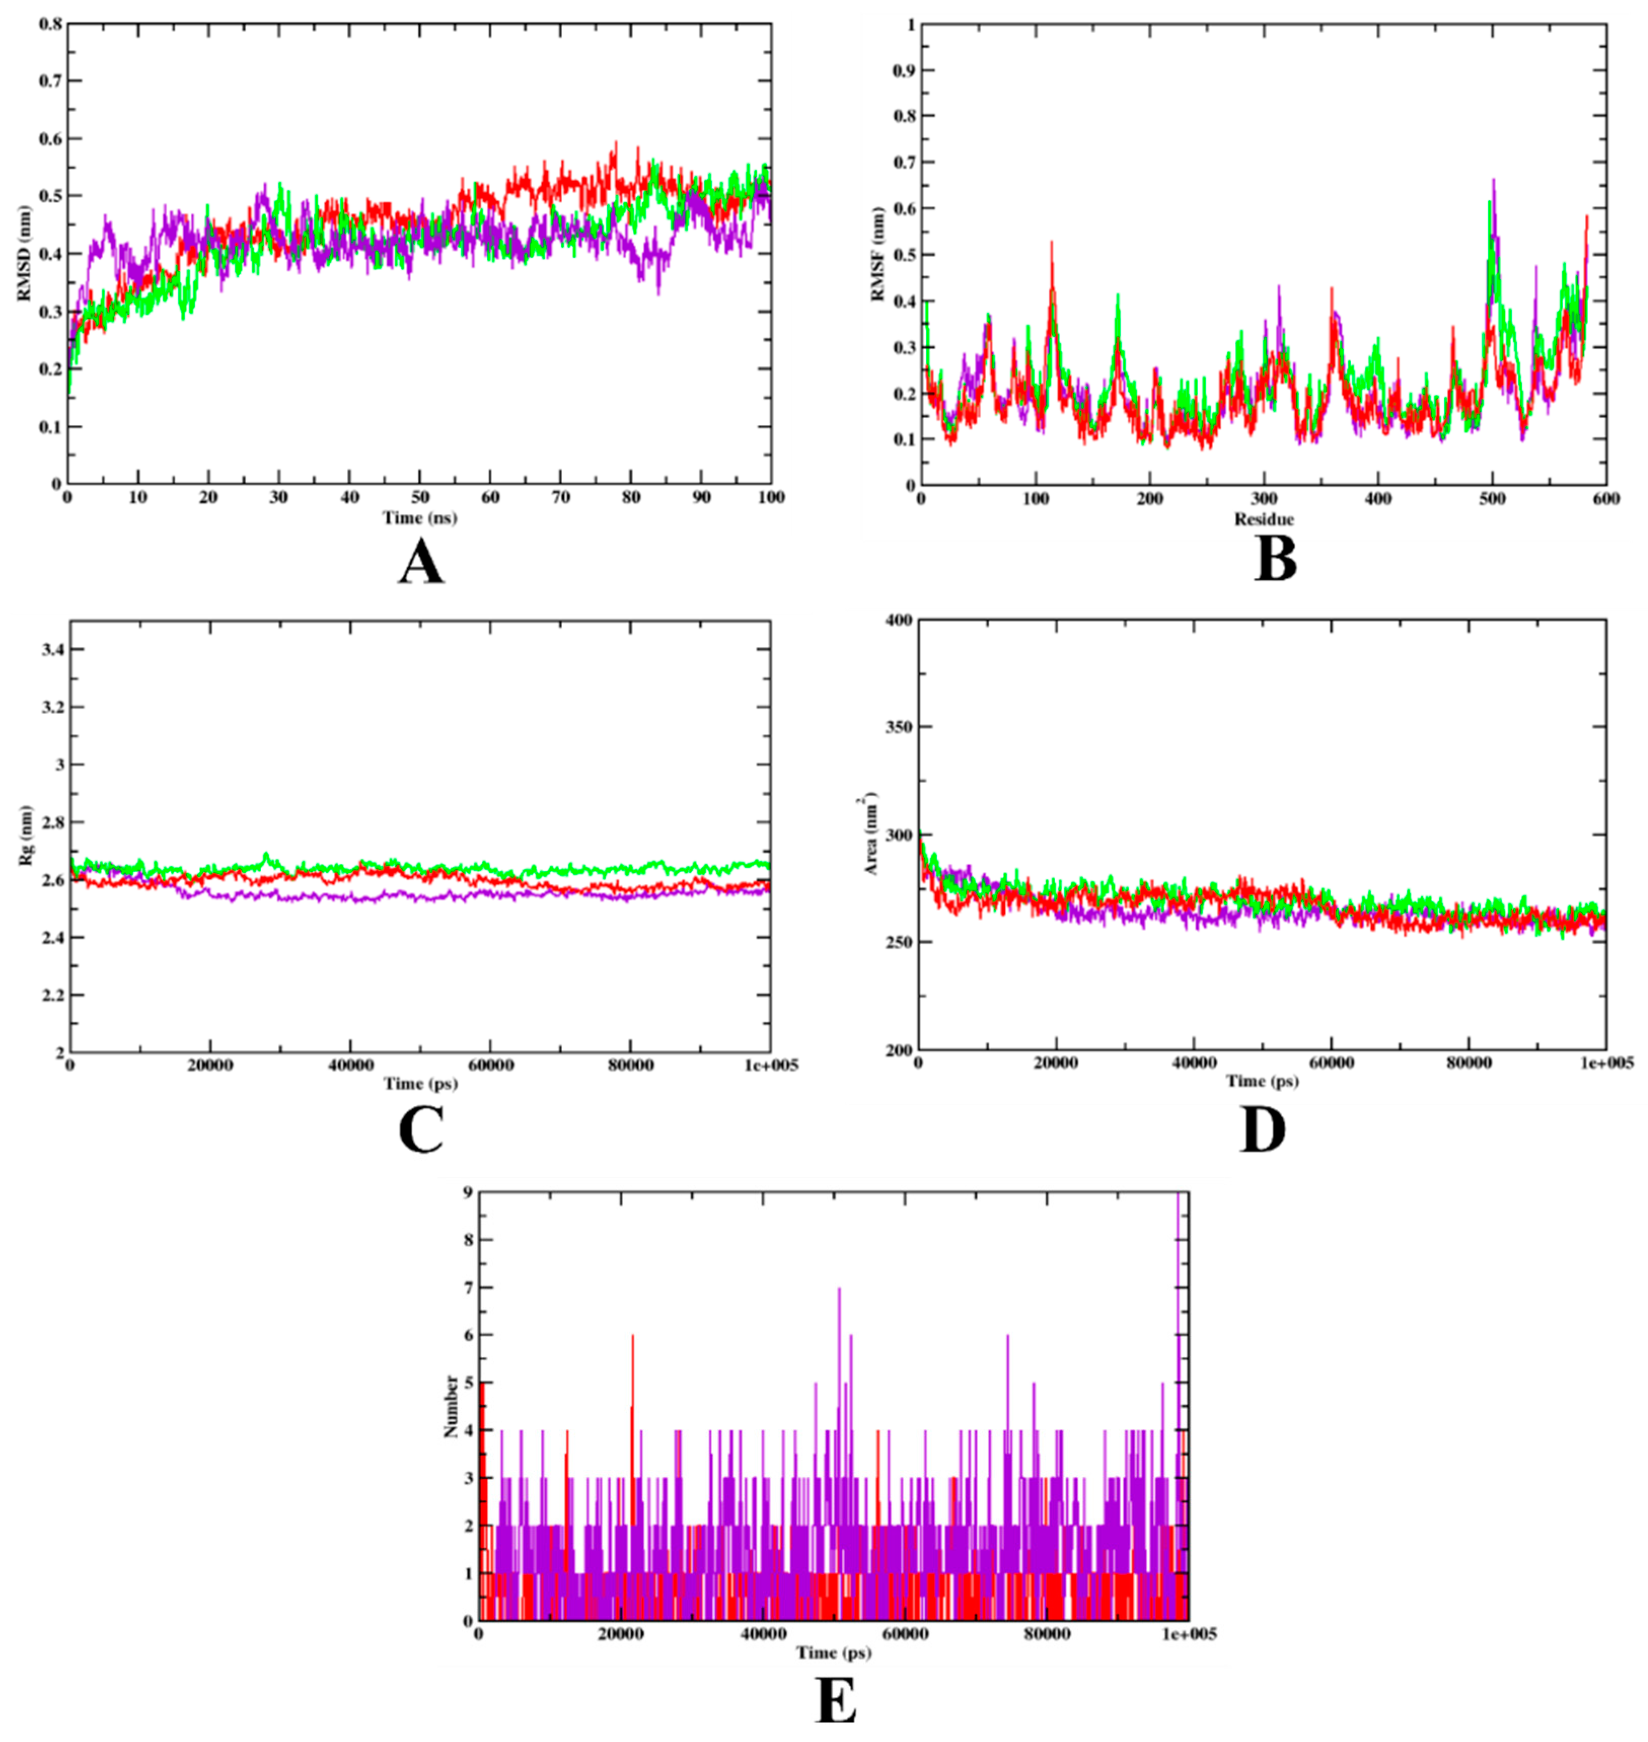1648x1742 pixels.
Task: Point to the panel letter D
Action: (x=1262, y=1131)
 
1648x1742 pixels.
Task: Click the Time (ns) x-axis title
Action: (x=419, y=518)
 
